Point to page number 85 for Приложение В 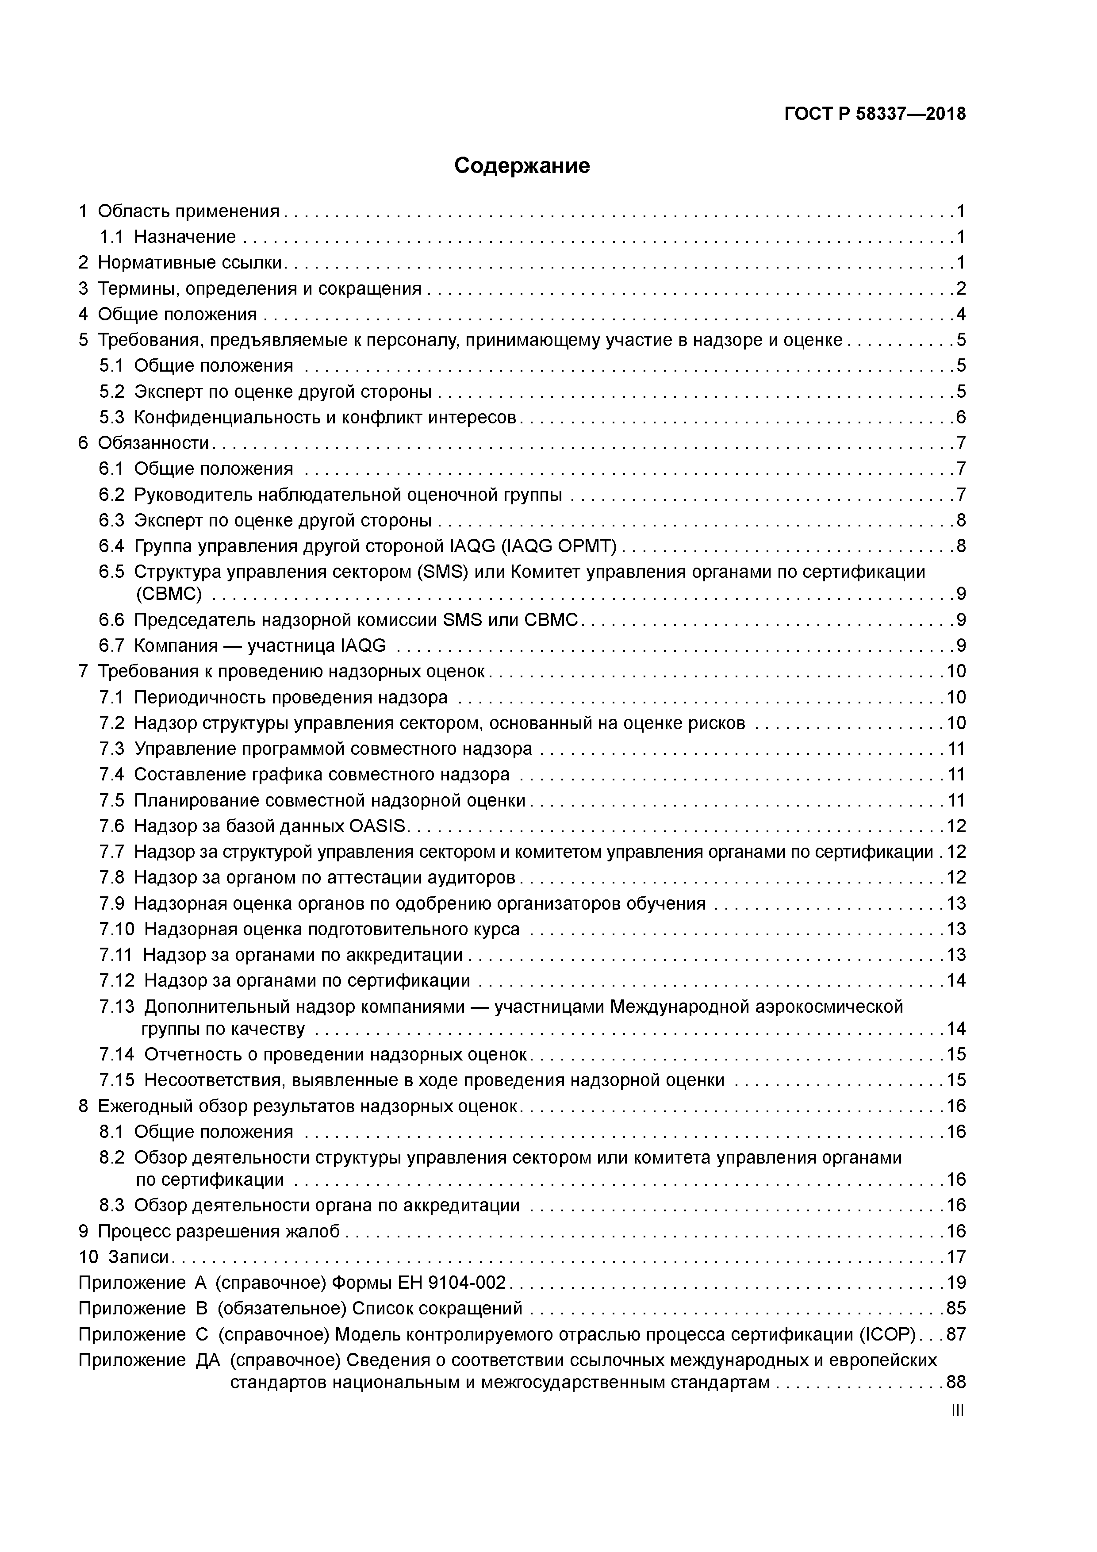click(x=956, y=1309)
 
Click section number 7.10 click(x=117, y=930)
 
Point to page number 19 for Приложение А click(x=956, y=1283)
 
